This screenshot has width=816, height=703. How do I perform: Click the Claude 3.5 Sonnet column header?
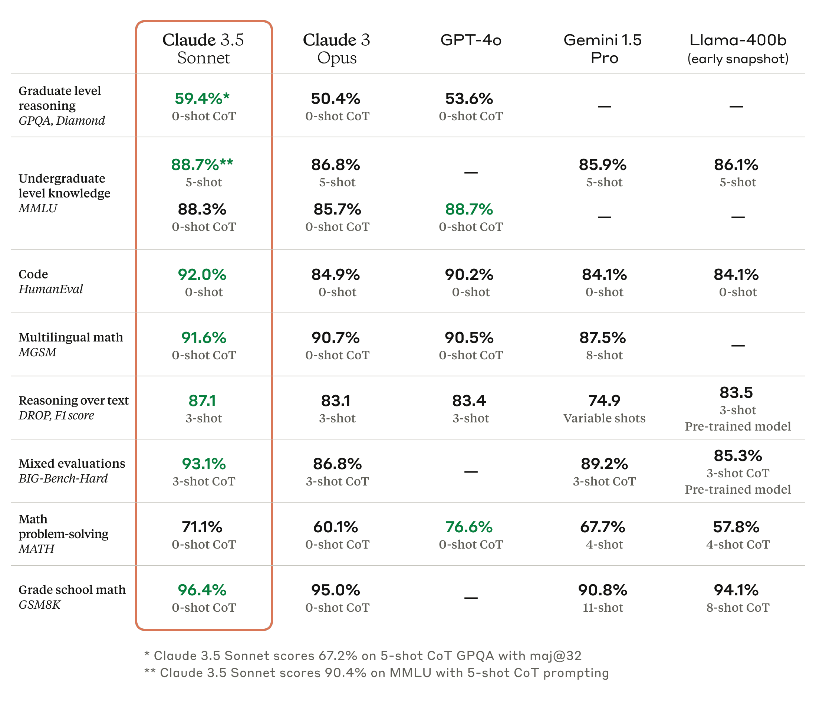203,49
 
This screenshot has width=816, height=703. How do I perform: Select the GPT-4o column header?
471,40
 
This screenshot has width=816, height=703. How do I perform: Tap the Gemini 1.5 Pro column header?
603,49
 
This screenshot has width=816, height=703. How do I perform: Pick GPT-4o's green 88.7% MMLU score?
469,209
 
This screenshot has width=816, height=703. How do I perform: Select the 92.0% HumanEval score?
202,274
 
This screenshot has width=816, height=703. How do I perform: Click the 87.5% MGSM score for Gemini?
603,338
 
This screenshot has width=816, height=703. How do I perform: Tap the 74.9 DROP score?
604,401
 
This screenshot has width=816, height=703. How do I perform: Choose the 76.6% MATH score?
469,527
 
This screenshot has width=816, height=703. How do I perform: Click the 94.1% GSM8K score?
736,590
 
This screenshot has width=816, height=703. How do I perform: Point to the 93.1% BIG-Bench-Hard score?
204,464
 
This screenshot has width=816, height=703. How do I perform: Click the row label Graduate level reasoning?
59,98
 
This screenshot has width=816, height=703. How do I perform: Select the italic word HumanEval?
51,289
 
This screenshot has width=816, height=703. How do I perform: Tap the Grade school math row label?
72,589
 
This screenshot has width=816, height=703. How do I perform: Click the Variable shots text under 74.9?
604,418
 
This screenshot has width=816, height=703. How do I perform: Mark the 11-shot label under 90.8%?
603,607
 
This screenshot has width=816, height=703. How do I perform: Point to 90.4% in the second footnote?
345,672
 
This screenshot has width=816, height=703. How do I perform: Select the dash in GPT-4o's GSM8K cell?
471,598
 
